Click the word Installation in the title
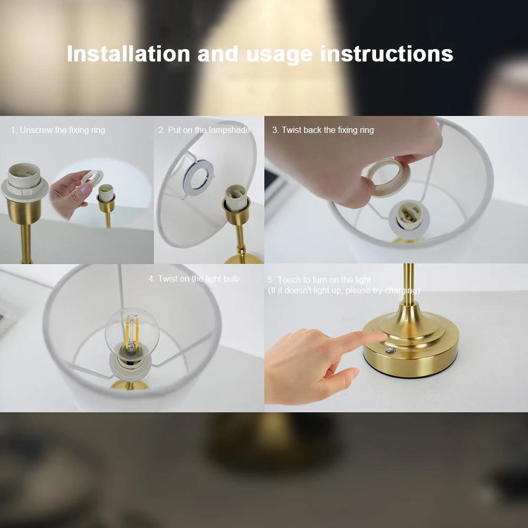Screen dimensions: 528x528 pos(128,54)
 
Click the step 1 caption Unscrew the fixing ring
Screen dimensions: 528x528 pos(58,130)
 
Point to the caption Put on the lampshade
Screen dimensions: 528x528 pos(204,130)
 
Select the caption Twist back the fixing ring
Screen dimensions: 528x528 pos(323,130)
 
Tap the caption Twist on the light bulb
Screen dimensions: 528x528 pos(194,279)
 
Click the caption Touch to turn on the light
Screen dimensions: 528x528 pos(319,280)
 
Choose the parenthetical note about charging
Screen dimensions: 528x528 pos(344,291)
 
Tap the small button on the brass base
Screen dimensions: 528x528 pos(390,351)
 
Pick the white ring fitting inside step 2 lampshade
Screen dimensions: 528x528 pos(198,175)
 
